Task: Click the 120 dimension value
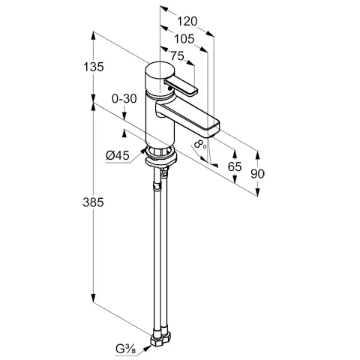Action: pyautogui.click(x=187, y=21)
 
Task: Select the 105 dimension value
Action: pyautogui.click(x=184, y=39)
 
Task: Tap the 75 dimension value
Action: pyautogui.click(x=177, y=55)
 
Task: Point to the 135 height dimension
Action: pyautogui.click(x=93, y=67)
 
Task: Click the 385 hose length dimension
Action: pyautogui.click(x=93, y=202)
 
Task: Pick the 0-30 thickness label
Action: pyautogui.click(x=124, y=99)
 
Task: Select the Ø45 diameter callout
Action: pyautogui.click(x=118, y=156)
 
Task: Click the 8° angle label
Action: pyautogui.click(x=201, y=144)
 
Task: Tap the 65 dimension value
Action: pyautogui.click(x=235, y=166)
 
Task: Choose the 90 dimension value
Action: pyautogui.click(x=257, y=174)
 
